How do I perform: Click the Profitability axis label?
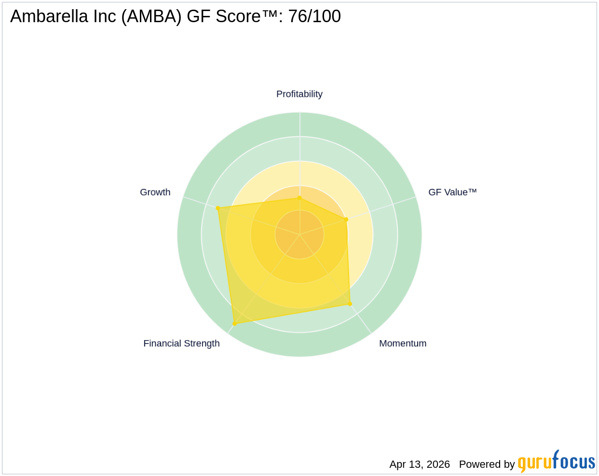[299, 94]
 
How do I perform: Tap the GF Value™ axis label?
[452, 192]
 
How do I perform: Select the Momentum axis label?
[403, 344]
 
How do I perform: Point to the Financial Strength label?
[181, 344]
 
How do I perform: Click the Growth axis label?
[155, 192]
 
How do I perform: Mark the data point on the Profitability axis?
[299, 198]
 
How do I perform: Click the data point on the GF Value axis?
[346, 220]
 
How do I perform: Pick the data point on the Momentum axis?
[350, 304]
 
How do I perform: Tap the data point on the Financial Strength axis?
[234, 323]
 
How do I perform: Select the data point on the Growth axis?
[218, 208]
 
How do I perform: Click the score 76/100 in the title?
[314, 16]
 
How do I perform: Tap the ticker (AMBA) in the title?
[151, 16]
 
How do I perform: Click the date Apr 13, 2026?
[420, 464]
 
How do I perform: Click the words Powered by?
[487, 464]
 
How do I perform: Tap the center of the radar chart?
[299, 235]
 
